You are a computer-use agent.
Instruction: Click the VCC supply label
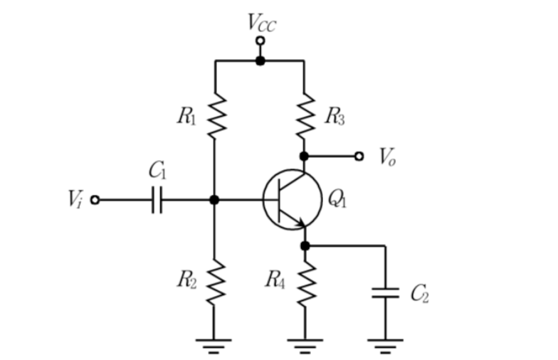coord(262,23)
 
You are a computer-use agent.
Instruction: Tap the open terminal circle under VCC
coord(260,41)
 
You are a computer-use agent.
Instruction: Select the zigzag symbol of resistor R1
coord(216,116)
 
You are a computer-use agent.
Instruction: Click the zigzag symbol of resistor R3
coord(305,116)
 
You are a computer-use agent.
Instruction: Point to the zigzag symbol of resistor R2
coord(215,282)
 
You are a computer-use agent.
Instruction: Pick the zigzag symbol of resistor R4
coord(306,284)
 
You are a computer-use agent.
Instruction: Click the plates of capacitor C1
coord(157,200)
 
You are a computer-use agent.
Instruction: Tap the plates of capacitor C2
coord(386,293)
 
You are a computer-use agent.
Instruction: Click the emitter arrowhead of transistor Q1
coord(302,223)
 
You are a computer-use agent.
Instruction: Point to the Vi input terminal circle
coord(95,200)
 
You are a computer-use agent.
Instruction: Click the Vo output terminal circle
coord(359,157)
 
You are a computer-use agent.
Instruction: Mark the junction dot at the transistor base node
coord(214,200)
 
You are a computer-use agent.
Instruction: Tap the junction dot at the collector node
coord(304,157)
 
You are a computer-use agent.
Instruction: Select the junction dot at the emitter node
coord(305,246)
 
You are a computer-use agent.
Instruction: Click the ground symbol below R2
coord(214,346)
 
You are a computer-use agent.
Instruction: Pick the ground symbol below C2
coord(386,346)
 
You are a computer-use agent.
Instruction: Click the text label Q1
coord(337,198)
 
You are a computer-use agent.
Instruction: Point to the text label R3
coord(335,117)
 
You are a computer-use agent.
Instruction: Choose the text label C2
coord(420,293)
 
